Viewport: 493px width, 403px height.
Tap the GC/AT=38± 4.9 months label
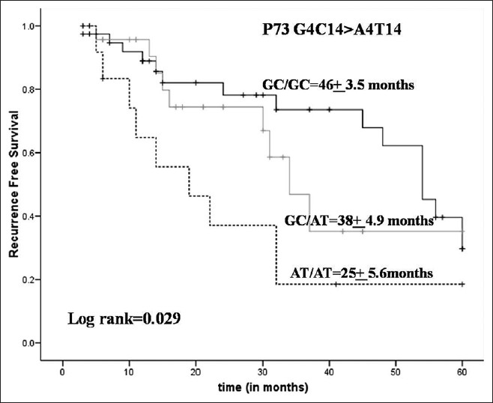tap(359, 221)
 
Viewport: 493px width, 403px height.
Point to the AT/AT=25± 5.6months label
tap(361, 273)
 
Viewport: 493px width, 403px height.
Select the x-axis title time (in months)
tap(261, 389)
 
